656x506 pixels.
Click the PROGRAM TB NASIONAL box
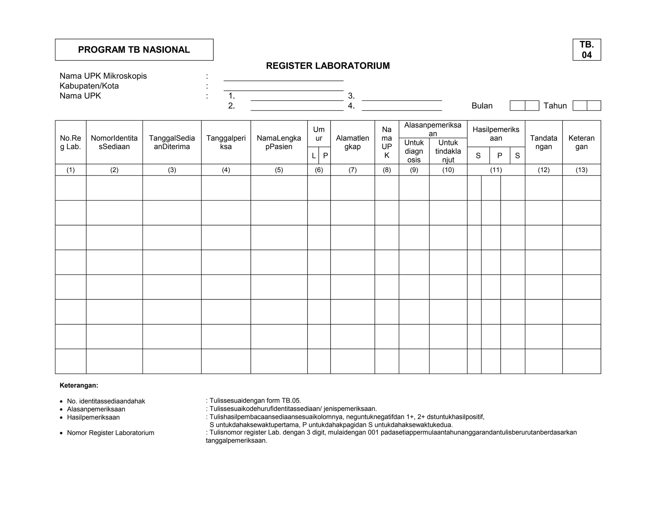point(134,50)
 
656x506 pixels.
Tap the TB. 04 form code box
point(586,50)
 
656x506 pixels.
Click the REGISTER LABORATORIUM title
point(328,66)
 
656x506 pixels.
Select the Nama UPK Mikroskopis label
point(103,76)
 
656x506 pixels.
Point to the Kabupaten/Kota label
point(89,86)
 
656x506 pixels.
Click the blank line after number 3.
point(402,97)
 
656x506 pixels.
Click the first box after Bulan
point(517,106)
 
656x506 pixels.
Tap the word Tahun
point(555,106)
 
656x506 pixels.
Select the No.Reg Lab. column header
point(70,142)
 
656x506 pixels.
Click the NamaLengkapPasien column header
point(279,142)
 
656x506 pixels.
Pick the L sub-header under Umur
point(314,156)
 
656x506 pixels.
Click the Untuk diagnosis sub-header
point(414,151)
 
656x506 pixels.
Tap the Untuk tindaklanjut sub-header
point(448,151)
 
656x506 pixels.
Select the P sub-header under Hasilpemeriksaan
point(499,156)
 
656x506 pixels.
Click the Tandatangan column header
point(543,142)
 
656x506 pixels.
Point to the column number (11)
point(496,170)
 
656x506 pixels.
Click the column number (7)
point(352,170)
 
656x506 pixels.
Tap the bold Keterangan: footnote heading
point(79,385)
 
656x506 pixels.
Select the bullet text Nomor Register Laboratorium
point(111,433)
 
